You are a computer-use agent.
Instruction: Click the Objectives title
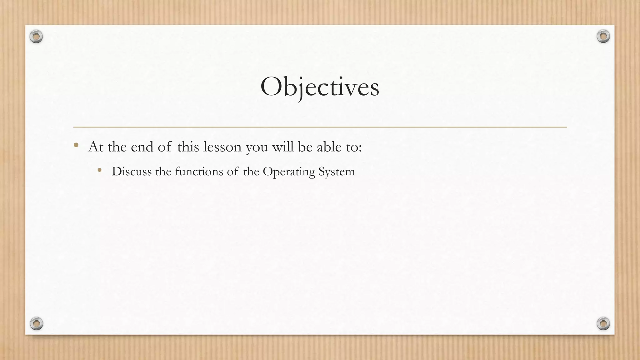click(320, 87)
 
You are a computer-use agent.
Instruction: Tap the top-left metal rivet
click(36, 37)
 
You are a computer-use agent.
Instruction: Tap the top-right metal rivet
click(603, 37)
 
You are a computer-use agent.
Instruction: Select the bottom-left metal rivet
click(36, 323)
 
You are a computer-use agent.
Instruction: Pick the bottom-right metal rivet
click(603, 323)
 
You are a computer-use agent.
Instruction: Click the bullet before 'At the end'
click(76, 145)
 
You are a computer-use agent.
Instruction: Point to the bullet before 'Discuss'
click(100, 170)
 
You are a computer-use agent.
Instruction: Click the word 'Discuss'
click(132, 172)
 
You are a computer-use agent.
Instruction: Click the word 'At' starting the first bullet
click(96, 147)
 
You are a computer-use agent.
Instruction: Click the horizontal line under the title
click(320, 127)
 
